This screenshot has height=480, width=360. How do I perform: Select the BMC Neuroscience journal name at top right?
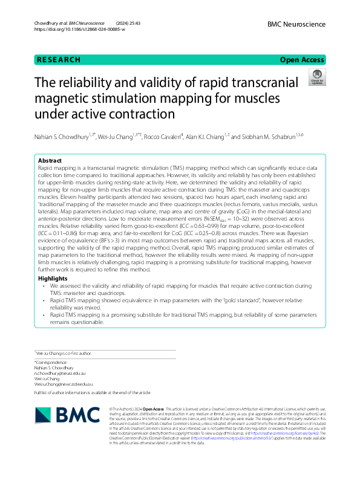coord(296,24)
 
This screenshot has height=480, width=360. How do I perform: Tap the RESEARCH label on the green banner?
coord(58,59)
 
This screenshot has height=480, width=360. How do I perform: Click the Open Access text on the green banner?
coord(303,59)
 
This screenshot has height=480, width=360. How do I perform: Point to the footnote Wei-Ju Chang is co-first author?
coord(63,352)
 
